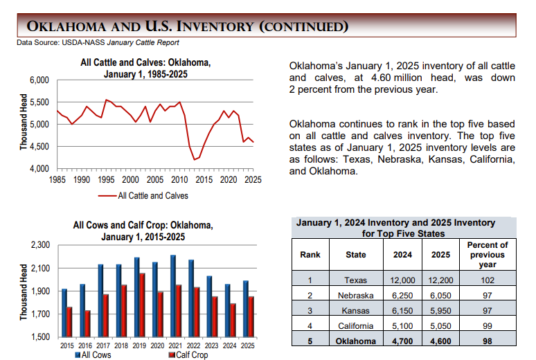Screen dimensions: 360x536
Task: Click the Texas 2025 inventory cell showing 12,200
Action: [440, 280]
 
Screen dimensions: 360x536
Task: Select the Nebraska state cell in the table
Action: [355, 295]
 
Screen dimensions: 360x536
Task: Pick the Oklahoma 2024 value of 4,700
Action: [402, 341]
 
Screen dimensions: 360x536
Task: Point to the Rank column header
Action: [310, 255]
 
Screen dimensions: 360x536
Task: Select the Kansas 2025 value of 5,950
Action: [440, 310]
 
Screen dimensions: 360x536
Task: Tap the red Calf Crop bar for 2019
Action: [142, 305]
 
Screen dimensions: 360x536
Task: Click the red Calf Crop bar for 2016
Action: [87, 323]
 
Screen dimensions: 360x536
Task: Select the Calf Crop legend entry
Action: [188, 355]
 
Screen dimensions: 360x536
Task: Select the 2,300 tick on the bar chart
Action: [41, 245]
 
